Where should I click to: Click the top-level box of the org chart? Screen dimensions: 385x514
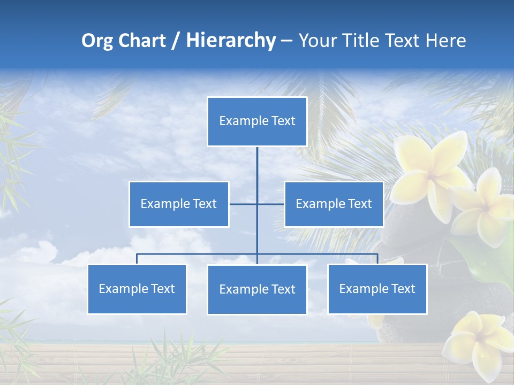click(x=257, y=121)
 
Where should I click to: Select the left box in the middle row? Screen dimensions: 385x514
click(x=179, y=204)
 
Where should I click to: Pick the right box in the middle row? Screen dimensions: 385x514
click(x=334, y=204)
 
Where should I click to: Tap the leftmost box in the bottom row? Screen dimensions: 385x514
click(x=137, y=289)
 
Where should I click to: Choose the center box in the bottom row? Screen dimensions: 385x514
click(x=257, y=290)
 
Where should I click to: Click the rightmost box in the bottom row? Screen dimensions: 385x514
click(x=377, y=289)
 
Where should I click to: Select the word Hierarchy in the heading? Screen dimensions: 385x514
click(x=230, y=41)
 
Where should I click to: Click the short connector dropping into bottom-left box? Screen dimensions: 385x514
click(x=137, y=259)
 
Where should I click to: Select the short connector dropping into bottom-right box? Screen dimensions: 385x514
click(x=377, y=259)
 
